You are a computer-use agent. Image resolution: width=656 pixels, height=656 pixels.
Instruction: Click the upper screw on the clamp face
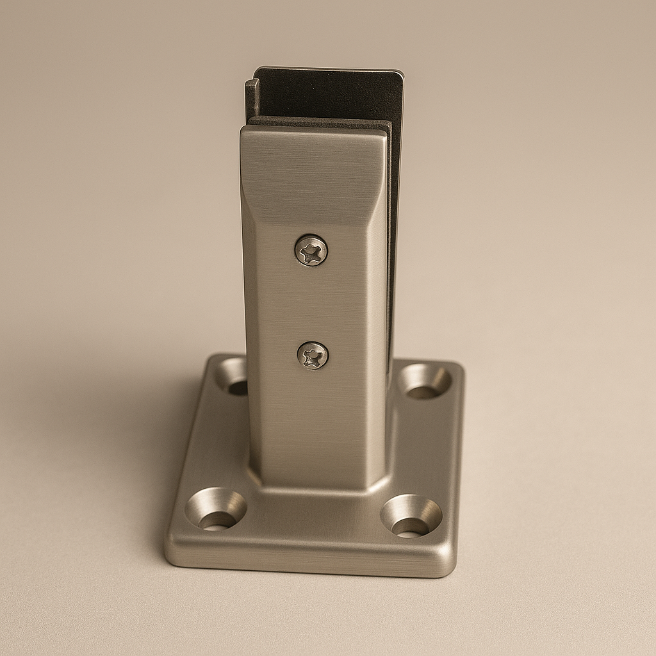tap(311, 250)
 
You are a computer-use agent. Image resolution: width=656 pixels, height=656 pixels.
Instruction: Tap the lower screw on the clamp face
tap(313, 356)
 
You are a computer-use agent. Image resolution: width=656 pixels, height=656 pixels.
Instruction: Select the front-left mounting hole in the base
tap(215, 509)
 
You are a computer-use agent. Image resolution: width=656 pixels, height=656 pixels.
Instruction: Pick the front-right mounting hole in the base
tap(411, 516)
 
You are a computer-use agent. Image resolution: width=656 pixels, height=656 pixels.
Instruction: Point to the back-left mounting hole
tap(233, 377)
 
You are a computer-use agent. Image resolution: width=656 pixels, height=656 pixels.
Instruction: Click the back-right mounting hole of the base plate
tap(424, 381)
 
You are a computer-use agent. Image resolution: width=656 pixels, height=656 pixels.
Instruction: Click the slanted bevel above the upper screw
tap(314, 192)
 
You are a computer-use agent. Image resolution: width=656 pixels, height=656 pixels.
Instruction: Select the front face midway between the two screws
tap(313, 302)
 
